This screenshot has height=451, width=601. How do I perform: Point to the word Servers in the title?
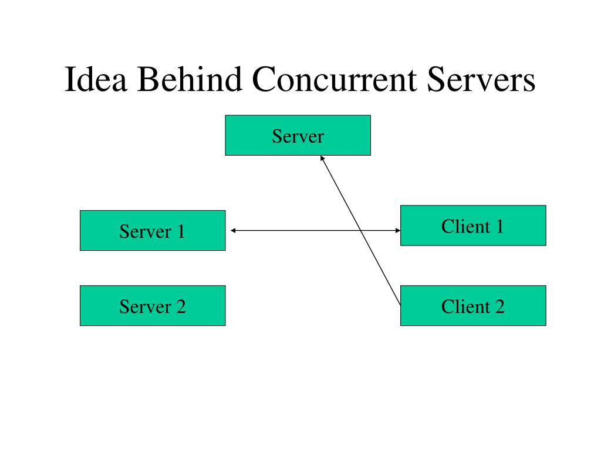pos(481,80)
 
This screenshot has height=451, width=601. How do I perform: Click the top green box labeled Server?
pos(298,135)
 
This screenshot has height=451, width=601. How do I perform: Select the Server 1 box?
pos(152,230)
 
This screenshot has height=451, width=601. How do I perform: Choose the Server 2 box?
pos(152,305)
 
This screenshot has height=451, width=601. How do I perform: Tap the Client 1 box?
pos(472,225)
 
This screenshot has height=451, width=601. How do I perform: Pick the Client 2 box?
pos(472,305)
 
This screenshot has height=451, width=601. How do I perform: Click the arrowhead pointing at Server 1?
pos(233,231)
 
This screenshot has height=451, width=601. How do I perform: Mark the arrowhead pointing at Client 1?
pos(397,231)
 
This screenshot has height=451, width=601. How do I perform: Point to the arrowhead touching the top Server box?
pos(322,157)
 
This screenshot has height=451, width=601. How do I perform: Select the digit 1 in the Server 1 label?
pos(180,231)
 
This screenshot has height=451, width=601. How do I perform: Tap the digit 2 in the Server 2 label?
pos(180,307)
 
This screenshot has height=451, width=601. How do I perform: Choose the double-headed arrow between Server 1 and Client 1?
pos(293,231)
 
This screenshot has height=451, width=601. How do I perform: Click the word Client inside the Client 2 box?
pos(466,307)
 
